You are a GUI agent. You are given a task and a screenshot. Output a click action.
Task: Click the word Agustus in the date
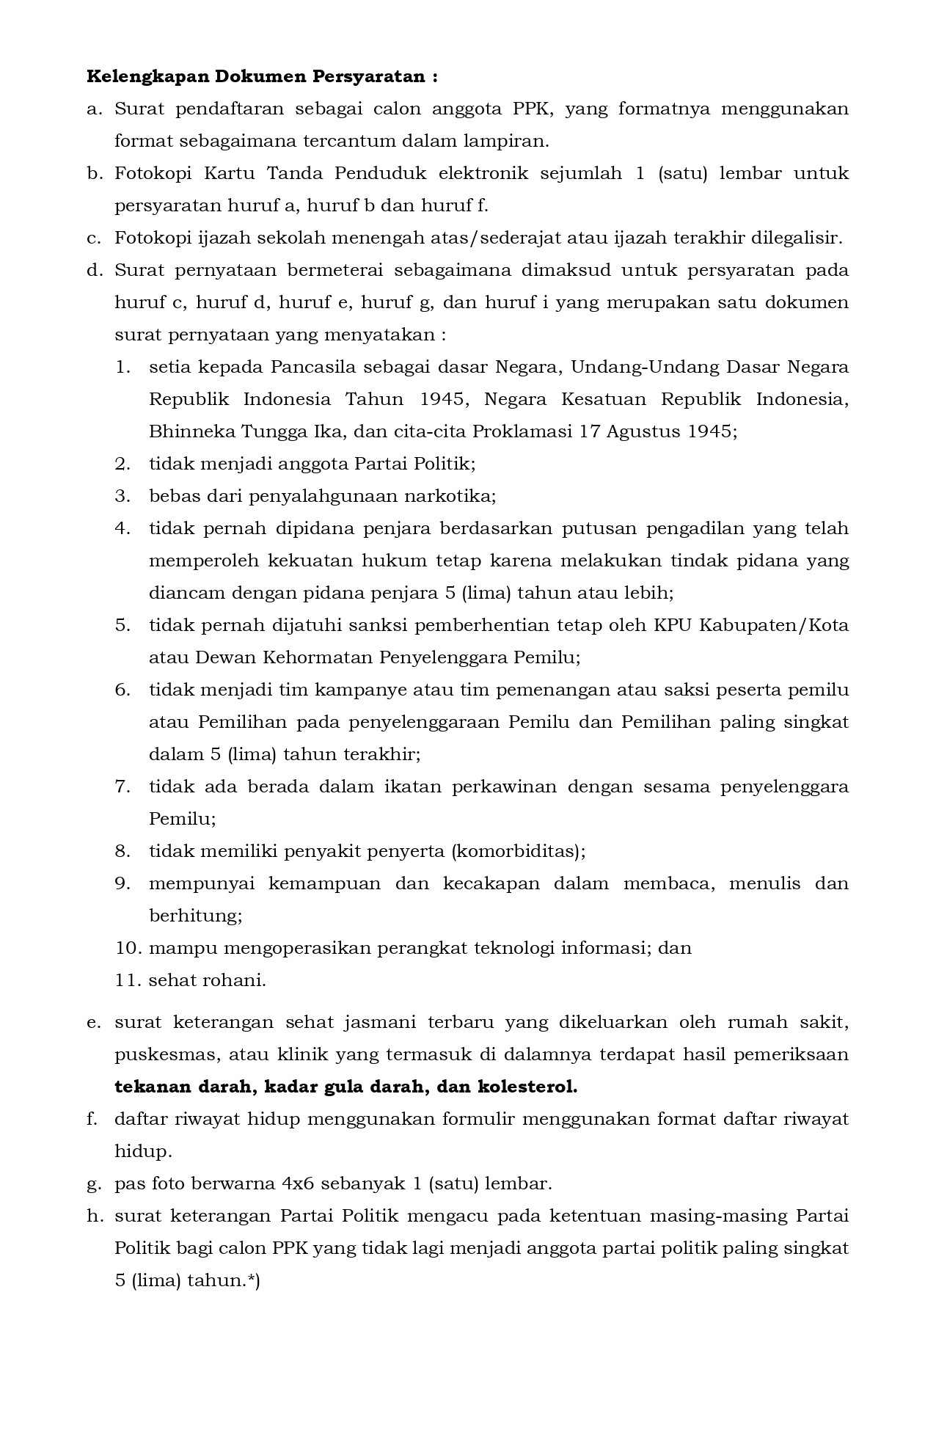tap(646, 431)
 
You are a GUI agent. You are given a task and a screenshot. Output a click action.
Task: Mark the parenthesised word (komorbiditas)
tap(518, 851)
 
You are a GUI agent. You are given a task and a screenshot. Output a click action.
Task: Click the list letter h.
tap(92, 1216)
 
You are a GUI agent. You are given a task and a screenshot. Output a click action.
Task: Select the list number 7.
tap(122, 787)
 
